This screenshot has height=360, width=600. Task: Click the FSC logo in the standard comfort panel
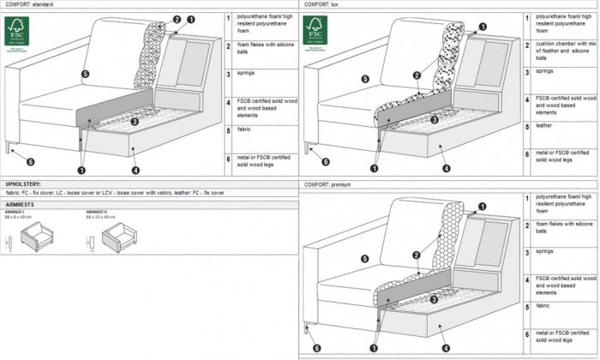(17, 32)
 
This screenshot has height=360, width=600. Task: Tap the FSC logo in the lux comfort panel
(315, 32)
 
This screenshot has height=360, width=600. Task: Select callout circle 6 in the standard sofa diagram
(30, 160)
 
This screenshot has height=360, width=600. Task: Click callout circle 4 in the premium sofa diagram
(446, 347)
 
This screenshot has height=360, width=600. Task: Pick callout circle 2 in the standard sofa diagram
(177, 19)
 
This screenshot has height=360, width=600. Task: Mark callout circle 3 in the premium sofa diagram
(434, 298)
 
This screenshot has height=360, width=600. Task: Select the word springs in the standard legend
(245, 74)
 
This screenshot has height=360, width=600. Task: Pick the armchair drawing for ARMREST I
(39, 237)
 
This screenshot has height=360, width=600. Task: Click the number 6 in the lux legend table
(526, 153)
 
